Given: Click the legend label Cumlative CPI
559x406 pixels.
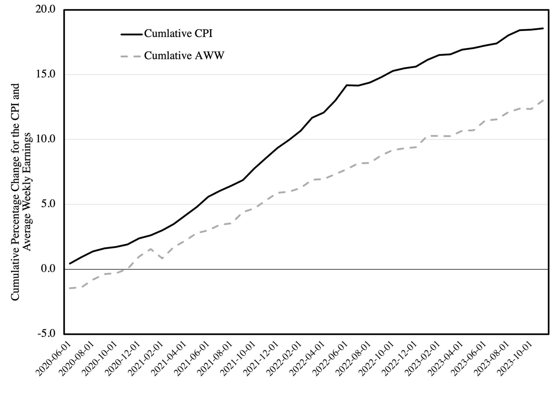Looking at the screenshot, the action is point(178,34).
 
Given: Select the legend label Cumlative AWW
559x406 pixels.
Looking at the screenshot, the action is point(184,56).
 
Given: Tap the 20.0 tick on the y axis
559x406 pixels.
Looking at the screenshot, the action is point(45,9).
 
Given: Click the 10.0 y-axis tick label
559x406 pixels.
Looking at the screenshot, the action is point(45,139).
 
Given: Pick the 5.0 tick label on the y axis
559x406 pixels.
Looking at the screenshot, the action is point(48,204).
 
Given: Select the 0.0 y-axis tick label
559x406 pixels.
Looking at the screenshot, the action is point(48,269).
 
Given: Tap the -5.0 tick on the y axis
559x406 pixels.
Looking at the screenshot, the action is point(46,334).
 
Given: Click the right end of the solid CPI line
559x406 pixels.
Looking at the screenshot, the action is point(543,28).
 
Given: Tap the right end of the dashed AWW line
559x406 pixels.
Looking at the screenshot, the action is point(543,100).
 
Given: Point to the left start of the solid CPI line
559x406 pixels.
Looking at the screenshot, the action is point(70,263).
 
